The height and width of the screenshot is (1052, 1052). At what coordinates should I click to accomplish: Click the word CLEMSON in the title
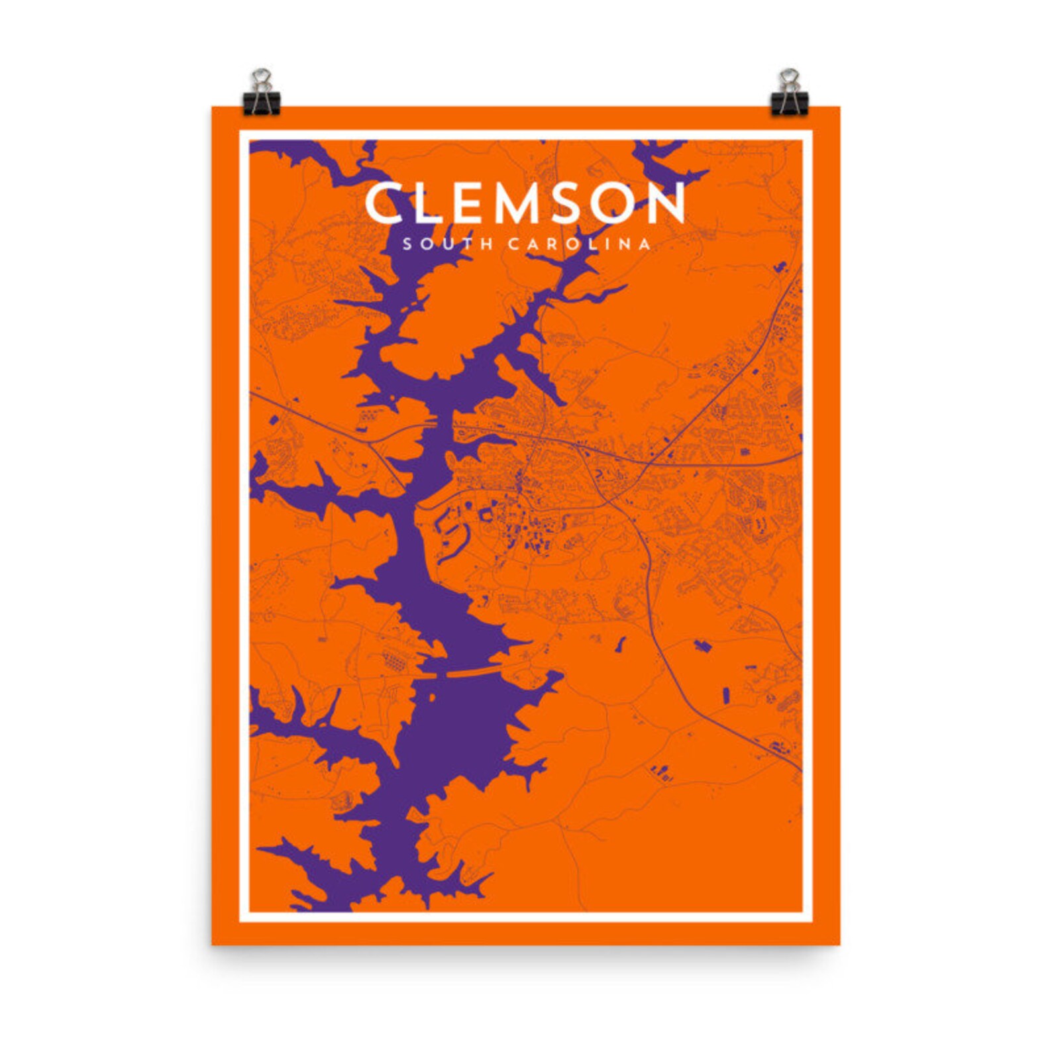pyautogui.click(x=525, y=203)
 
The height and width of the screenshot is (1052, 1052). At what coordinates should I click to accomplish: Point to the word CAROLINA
pyautogui.click(x=579, y=244)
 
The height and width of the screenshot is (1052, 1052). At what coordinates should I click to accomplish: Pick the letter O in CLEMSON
pyautogui.click(x=619, y=203)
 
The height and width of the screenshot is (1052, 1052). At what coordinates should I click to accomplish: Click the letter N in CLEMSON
pyautogui.click(x=666, y=203)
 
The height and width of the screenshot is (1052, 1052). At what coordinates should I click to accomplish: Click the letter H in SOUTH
pyautogui.click(x=488, y=244)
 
